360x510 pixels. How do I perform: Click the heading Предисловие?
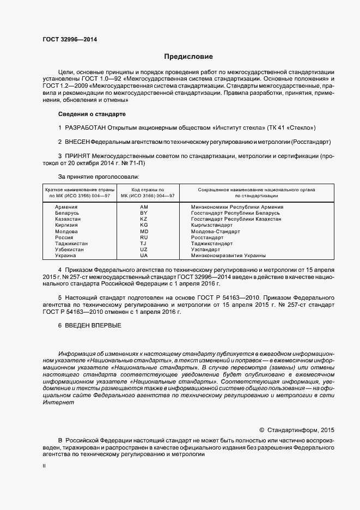[189, 57]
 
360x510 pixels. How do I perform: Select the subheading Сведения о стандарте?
[91, 114]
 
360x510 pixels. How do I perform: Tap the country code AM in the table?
[144, 207]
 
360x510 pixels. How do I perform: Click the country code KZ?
[144, 219]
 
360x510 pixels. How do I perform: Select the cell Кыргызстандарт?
[212, 225]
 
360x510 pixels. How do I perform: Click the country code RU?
[144, 238]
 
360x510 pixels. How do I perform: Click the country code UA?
[144, 256]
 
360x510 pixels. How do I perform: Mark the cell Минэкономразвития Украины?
[228, 256]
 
